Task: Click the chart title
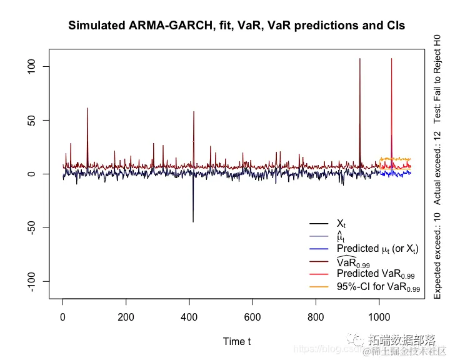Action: point(237,26)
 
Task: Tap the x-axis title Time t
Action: point(237,341)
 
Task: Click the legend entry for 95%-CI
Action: point(378,288)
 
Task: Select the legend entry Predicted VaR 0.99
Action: point(378,274)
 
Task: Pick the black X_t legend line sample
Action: point(319,224)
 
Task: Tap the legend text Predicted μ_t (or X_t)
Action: point(377,249)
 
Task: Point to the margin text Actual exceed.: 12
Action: point(437,168)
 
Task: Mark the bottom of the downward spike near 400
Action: point(192,222)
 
